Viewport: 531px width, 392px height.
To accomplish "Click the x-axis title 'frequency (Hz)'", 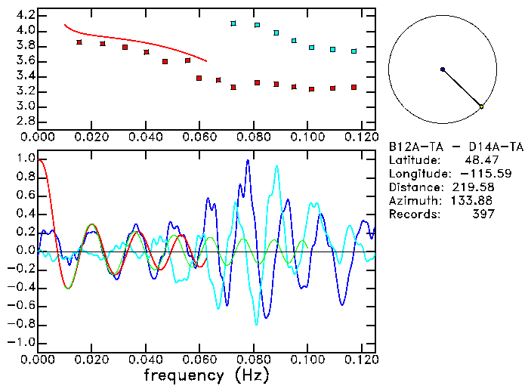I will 205,375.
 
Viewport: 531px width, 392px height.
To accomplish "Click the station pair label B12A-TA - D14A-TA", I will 455,147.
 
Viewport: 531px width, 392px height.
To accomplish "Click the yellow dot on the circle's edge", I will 481,106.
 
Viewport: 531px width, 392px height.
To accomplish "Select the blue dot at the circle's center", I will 443,69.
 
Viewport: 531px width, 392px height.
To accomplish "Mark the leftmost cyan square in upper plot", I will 233,23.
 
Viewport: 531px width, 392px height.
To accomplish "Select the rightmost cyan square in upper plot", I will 353,51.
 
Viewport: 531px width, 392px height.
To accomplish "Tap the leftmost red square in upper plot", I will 79,42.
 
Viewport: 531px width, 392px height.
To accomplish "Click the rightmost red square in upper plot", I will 353,88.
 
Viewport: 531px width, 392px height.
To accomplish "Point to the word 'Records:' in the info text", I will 413,215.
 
